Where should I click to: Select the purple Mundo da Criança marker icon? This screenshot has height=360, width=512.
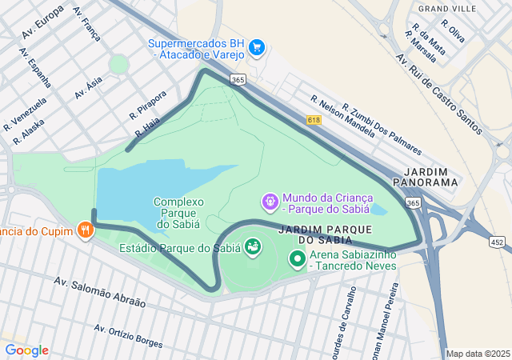coord(270,199)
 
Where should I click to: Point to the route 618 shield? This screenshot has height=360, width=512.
coord(314,119)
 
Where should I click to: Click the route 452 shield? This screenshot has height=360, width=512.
coord(498,241)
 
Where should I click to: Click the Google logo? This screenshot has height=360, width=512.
coord(26,350)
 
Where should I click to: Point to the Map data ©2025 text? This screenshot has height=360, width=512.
coord(477,354)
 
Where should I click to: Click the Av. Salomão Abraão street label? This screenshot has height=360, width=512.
coord(100,292)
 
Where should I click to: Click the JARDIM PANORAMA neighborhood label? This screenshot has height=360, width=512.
coord(431,177)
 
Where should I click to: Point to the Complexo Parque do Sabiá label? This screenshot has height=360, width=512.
coord(179,213)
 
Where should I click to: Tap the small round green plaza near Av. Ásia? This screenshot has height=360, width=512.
coord(118,64)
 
